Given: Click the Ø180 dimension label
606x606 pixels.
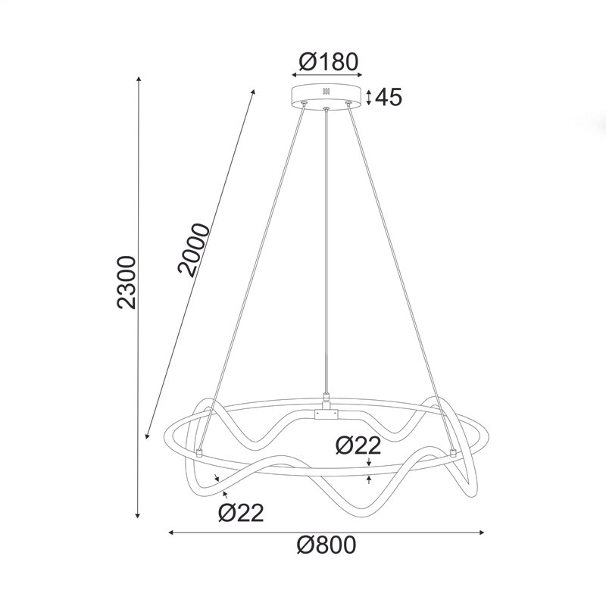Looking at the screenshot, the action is pyautogui.click(x=329, y=62).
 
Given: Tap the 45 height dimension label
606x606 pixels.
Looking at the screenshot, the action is pyautogui.click(x=389, y=97).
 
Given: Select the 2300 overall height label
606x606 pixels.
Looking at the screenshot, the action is pyautogui.click(x=127, y=282).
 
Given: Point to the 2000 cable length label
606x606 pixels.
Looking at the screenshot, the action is pyautogui.click(x=194, y=249).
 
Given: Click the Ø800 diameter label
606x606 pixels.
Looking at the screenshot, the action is pyautogui.click(x=326, y=545).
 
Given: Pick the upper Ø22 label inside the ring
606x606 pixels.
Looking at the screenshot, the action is pyautogui.click(x=358, y=445).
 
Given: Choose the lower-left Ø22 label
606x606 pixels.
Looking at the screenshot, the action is pyautogui.click(x=241, y=514).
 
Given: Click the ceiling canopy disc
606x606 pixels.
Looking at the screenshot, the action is pyautogui.click(x=326, y=96).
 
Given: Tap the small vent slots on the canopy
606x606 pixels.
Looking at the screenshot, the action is pyautogui.click(x=326, y=92).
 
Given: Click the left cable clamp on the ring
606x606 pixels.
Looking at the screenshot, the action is pyautogui.click(x=199, y=453).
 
